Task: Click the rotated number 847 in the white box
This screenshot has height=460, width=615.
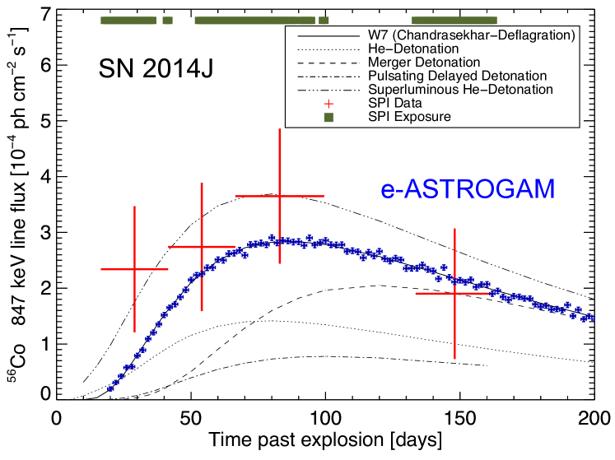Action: (x=18, y=315)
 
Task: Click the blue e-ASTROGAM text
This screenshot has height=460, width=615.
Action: (x=468, y=189)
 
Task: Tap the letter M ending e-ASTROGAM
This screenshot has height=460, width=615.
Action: (x=544, y=189)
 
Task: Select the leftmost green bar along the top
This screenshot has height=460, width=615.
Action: (x=128, y=21)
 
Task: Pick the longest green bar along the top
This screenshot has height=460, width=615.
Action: (x=254, y=21)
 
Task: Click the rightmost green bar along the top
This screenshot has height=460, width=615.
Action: (x=454, y=21)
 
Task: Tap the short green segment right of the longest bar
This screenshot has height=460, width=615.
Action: (x=324, y=21)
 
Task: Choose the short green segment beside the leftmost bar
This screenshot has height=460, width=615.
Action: (x=167, y=21)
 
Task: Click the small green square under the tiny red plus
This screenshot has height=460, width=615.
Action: (x=328, y=118)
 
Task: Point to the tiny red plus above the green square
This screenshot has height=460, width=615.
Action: (x=328, y=104)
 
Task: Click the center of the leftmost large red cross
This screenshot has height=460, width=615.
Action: (x=134, y=269)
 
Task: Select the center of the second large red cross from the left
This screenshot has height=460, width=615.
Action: (x=202, y=246)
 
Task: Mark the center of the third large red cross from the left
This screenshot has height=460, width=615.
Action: (x=280, y=196)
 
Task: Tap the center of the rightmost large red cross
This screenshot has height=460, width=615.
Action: (x=454, y=293)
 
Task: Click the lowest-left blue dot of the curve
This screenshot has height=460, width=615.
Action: (x=110, y=388)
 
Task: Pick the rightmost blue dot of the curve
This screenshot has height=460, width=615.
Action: (x=591, y=318)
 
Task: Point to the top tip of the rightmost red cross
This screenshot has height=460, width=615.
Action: (x=454, y=230)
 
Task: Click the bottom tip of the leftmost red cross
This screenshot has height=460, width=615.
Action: (x=134, y=331)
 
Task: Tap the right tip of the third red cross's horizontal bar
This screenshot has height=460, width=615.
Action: (x=324, y=196)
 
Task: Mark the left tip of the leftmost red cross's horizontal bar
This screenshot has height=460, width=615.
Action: (x=101, y=269)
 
